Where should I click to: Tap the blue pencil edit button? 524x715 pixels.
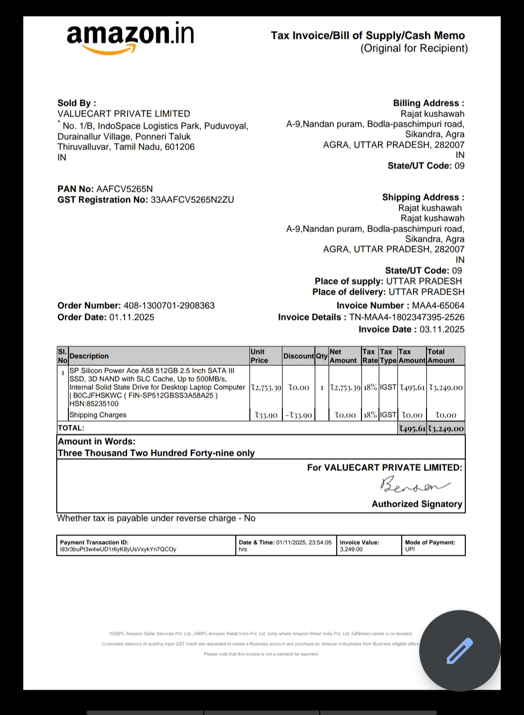click(x=459, y=651)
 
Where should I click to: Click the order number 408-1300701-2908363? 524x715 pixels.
click(x=169, y=306)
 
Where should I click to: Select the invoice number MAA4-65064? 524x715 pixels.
click(x=438, y=306)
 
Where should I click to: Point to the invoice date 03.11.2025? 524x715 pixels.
click(x=442, y=330)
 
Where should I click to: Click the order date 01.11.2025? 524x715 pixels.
click(x=131, y=317)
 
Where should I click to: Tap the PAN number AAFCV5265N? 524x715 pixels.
click(x=125, y=189)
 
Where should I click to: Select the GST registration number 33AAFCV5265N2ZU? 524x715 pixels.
click(x=192, y=200)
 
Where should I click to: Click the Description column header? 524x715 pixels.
click(x=89, y=356)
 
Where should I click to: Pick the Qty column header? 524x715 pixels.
click(x=322, y=356)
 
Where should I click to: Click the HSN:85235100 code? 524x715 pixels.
click(x=94, y=404)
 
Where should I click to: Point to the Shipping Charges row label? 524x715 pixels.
click(x=98, y=415)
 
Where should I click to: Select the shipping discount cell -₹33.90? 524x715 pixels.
click(x=298, y=416)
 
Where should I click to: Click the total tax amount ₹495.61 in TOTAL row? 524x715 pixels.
click(x=411, y=429)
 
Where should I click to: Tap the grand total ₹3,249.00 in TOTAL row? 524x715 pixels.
click(x=446, y=429)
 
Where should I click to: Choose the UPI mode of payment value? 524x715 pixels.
click(x=410, y=549)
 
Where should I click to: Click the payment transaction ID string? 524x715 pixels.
click(x=118, y=549)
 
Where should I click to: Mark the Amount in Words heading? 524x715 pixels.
click(x=97, y=442)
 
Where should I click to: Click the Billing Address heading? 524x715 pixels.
click(x=428, y=103)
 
